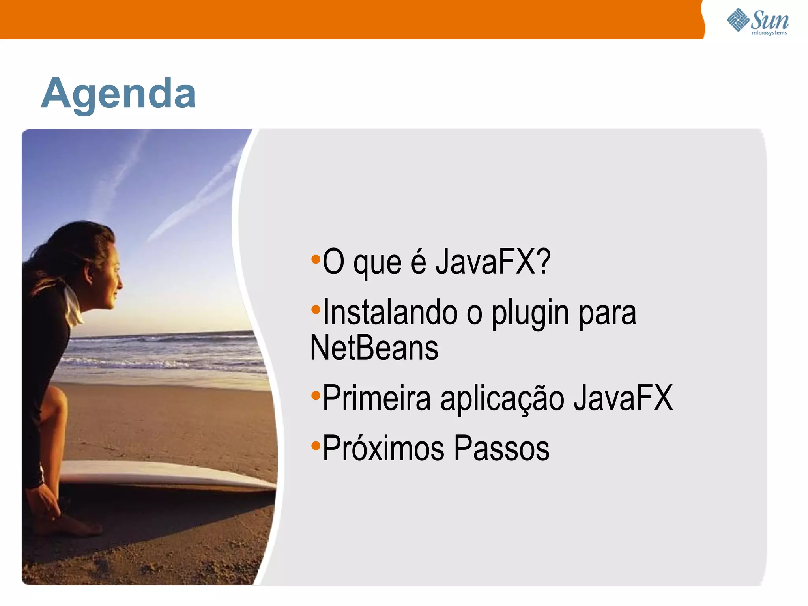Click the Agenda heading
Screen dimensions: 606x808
click(x=118, y=94)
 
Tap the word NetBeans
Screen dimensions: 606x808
click(x=374, y=348)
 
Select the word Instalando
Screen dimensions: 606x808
click(x=390, y=313)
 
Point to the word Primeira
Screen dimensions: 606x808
click(x=376, y=398)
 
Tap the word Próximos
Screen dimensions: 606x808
click(x=383, y=449)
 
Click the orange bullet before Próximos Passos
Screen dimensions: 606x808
click(x=316, y=446)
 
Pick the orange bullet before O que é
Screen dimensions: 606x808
click(x=316, y=259)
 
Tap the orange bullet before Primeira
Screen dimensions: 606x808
click(x=316, y=395)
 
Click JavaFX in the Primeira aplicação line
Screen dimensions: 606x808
click(x=623, y=398)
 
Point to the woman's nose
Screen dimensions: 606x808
click(x=120, y=282)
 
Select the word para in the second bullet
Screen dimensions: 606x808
click(x=607, y=314)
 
